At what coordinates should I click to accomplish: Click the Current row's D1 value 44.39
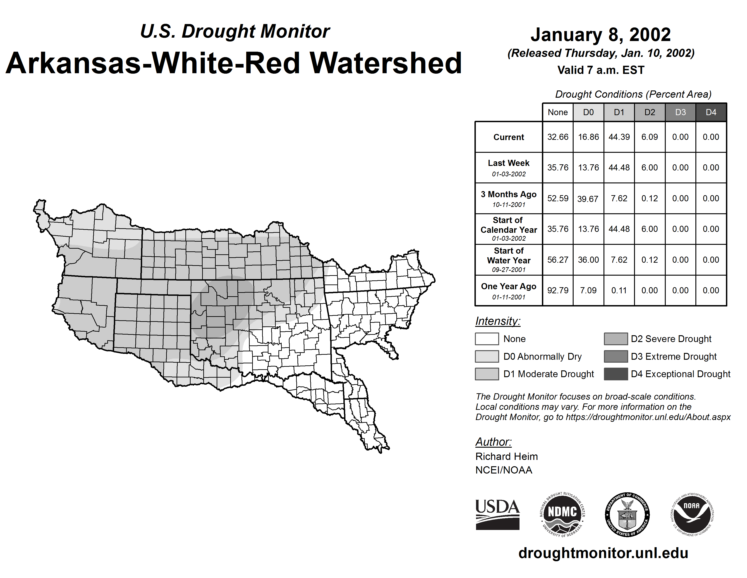pyautogui.click(x=619, y=137)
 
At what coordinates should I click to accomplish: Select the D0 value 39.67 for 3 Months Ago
pyautogui.click(x=588, y=199)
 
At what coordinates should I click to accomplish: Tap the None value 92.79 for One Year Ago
pyautogui.click(x=558, y=290)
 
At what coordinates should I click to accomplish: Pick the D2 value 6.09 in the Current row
pyautogui.click(x=649, y=137)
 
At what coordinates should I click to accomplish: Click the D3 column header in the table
pyautogui.click(x=680, y=112)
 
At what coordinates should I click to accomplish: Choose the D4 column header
pyautogui.click(x=711, y=112)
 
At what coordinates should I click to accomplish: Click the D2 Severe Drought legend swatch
pyautogui.click(x=616, y=339)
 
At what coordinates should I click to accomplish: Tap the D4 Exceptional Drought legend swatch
pyautogui.click(x=616, y=374)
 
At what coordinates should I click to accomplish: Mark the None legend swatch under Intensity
pyautogui.click(x=487, y=339)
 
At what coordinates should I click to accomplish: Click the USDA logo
pyautogui.click(x=497, y=514)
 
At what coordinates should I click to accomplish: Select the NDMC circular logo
pyautogui.click(x=562, y=514)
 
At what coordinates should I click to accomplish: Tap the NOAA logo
pyautogui.click(x=692, y=514)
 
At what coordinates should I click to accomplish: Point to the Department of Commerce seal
pyautogui.click(x=627, y=514)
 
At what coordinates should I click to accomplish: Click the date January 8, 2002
pyautogui.click(x=600, y=35)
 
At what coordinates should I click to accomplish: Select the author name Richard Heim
pyautogui.click(x=507, y=457)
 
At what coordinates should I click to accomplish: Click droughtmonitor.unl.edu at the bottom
pyautogui.click(x=603, y=553)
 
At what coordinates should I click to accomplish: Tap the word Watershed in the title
pyautogui.click(x=385, y=63)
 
